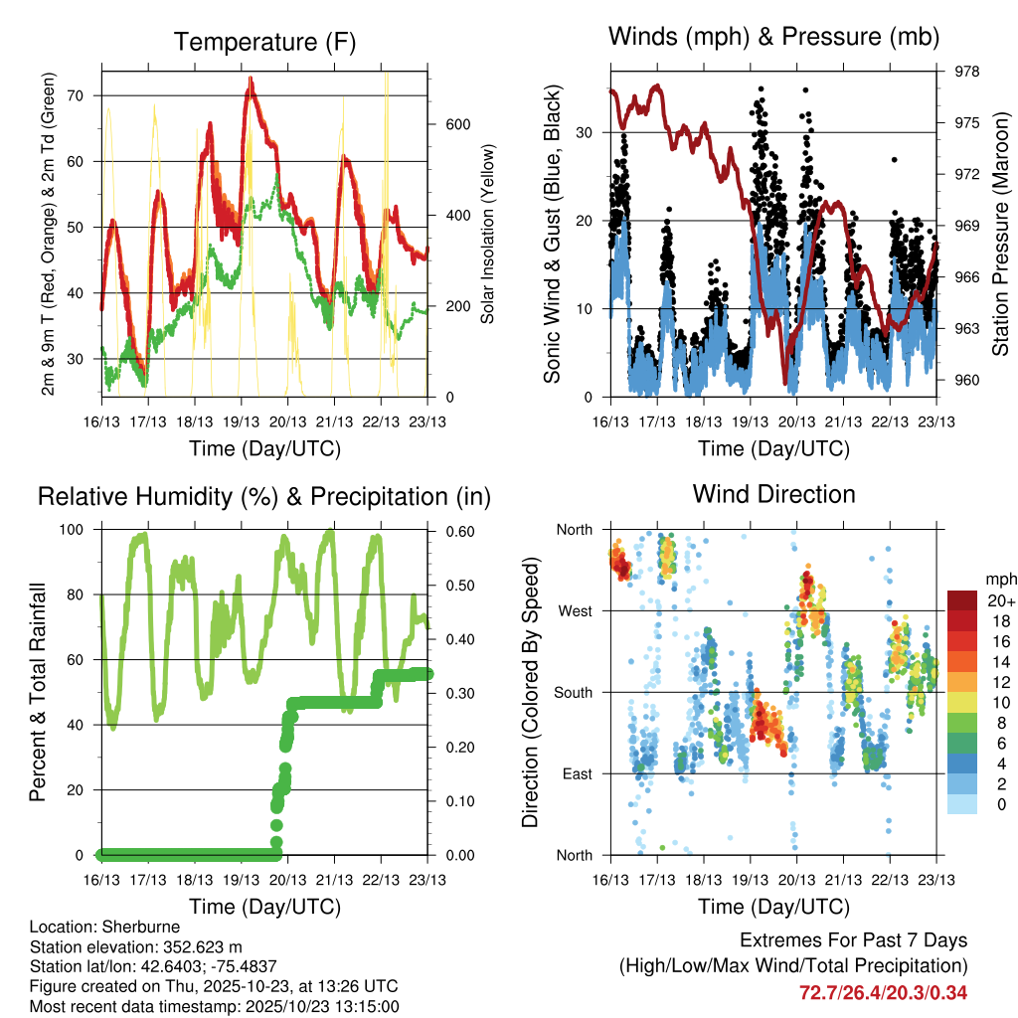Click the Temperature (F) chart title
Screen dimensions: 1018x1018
click(x=264, y=43)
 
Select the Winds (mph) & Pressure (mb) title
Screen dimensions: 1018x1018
click(x=773, y=37)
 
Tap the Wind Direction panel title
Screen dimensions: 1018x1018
click(x=773, y=494)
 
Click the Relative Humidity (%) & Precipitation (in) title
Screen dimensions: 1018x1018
click(x=264, y=496)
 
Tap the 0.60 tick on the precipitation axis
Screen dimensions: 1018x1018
click(x=455, y=530)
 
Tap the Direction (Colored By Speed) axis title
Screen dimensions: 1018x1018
click(x=530, y=692)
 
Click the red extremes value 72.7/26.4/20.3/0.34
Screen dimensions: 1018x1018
click(x=883, y=992)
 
